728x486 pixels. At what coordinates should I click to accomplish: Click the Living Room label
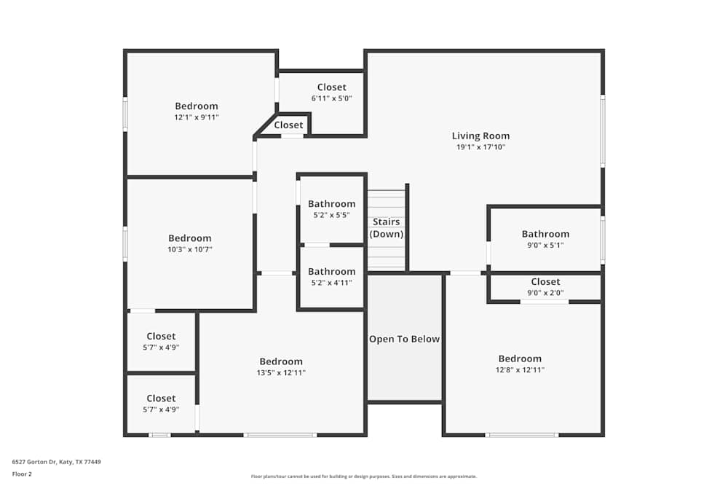point(480,136)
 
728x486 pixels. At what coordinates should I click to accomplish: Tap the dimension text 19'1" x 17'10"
point(480,147)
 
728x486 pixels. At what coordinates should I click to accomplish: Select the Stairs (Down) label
point(387,228)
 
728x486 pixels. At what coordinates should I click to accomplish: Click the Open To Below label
point(404,339)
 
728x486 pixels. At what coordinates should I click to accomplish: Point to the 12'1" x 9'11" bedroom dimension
point(196,117)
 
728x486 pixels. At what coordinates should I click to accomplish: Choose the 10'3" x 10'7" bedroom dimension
point(189,249)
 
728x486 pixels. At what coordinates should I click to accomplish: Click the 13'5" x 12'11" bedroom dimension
point(281,373)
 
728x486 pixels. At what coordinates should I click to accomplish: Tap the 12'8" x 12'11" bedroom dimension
point(520,370)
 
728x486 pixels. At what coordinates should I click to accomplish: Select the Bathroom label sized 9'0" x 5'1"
point(545,234)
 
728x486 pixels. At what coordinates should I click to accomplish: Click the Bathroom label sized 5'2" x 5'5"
point(331,204)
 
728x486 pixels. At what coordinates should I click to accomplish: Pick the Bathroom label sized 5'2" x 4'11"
point(331,272)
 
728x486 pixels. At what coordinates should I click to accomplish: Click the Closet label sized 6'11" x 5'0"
point(331,87)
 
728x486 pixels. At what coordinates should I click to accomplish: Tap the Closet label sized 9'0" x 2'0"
point(545,282)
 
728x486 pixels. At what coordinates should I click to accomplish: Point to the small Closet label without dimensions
point(288,125)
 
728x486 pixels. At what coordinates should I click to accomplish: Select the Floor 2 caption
point(22,474)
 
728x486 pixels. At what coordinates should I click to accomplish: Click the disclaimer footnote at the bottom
point(364,477)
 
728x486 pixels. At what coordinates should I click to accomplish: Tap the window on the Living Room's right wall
point(602,131)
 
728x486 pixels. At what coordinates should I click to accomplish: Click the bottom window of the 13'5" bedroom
point(280,435)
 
